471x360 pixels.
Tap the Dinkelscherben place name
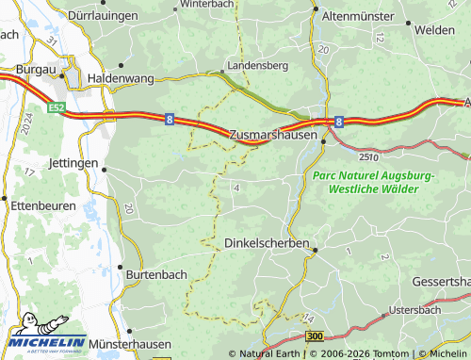click(268, 242)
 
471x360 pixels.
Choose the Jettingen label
click(72, 163)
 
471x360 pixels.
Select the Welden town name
click(440, 30)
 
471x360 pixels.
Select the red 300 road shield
click(315, 335)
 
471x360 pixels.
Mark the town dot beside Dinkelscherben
click(316, 251)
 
